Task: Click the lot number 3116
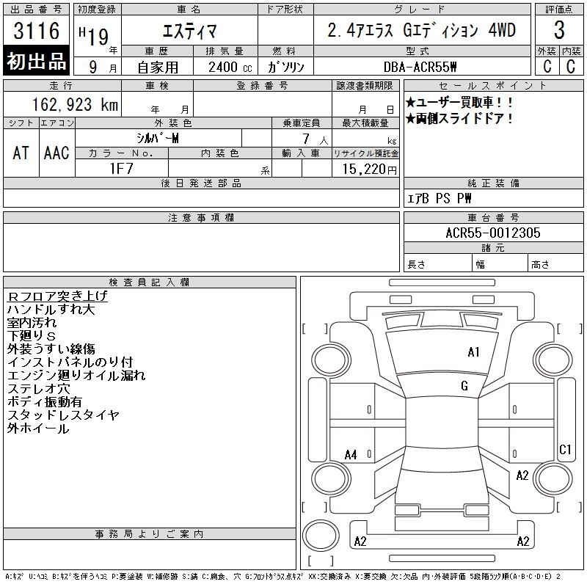(36, 31)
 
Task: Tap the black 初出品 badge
(36, 61)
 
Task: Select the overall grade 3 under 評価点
(559, 30)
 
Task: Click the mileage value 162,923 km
(75, 105)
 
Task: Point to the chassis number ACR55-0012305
(493, 233)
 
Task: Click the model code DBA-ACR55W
(420, 67)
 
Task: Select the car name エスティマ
(189, 31)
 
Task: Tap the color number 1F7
(121, 169)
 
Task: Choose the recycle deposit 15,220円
(369, 169)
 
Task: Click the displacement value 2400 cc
(230, 68)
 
